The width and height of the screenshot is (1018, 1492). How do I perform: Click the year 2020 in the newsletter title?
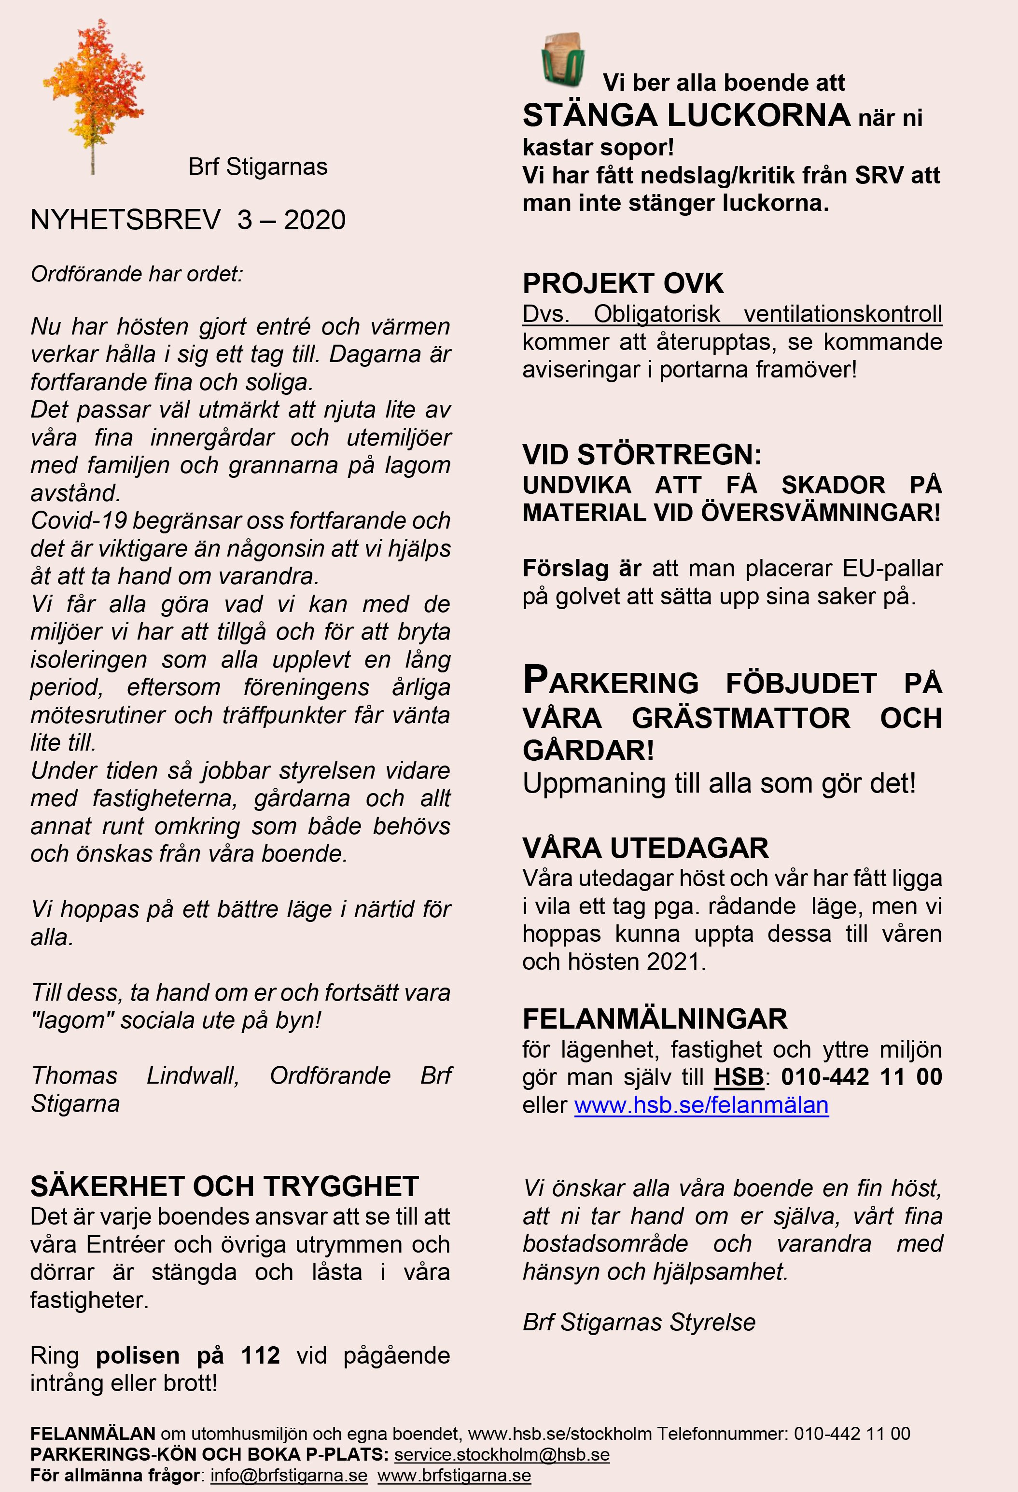tap(315, 220)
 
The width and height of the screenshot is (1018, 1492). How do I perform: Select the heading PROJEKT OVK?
tap(623, 284)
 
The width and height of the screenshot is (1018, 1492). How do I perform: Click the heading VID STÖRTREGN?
tap(642, 455)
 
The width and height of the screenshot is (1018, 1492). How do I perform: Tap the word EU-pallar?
tap(892, 569)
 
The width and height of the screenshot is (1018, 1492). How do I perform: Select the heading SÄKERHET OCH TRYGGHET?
tap(224, 1186)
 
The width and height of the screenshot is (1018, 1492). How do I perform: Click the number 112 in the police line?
tap(261, 1355)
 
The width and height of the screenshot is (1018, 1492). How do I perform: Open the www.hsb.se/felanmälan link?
tap(701, 1105)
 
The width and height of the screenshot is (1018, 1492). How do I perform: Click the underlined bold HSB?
tap(739, 1077)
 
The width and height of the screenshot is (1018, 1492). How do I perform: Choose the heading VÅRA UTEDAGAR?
tap(645, 848)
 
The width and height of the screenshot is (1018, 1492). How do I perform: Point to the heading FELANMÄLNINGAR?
tap(655, 1019)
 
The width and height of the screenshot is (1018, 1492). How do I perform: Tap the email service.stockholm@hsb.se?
tap(502, 1454)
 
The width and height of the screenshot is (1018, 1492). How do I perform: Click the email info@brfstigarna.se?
tap(289, 1475)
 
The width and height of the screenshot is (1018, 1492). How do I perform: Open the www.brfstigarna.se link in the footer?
tap(454, 1475)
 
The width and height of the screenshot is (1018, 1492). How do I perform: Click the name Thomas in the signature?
tap(74, 1075)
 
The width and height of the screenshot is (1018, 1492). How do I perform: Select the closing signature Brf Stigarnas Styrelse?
tap(639, 1323)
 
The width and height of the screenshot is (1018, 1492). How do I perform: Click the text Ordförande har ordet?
tap(137, 274)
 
